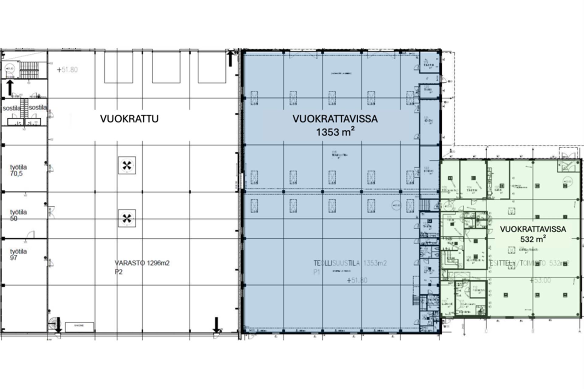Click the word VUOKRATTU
coord(129,119)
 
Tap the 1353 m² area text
coord(335,132)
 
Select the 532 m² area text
coord(533,239)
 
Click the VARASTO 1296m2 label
coord(142,263)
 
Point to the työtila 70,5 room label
coord(18,170)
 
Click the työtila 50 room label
coord(18,215)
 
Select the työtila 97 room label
coord(18,254)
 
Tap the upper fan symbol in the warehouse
coord(127,166)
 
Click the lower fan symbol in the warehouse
coord(127,218)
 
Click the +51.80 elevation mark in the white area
coord(67,70)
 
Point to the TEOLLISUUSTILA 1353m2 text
coord(350,263)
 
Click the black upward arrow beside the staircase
coord(10,88)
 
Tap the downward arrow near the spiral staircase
coord(58,325)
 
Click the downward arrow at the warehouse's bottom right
coord(216,325)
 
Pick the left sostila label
coord(11,108)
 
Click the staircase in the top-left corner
coord(29,70)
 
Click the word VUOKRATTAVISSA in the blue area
coord(335,119)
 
